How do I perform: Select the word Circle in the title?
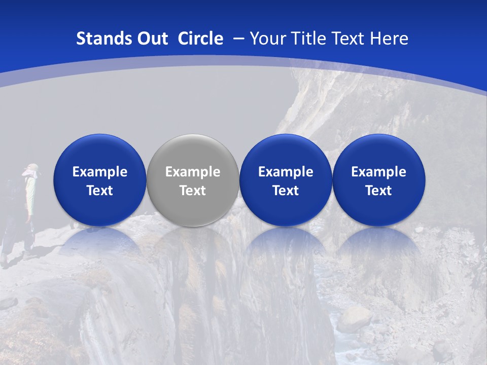pyautogui.click(x=200, y=39)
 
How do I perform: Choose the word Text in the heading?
pyautogui.click(x=347, y=39)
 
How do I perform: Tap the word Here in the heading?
pyautogui.click(x=389, y=39)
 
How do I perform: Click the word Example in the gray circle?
pyautogui.click(x=193, y=172)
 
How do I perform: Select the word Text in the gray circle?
pyautogui.click(x=193, y=191)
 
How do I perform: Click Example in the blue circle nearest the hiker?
pyautogui.click(x=100, y=172)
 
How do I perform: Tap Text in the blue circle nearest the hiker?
pyautogui.click(x=100, y=191)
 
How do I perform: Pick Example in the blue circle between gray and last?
pyautogui.click(x=286, y=172)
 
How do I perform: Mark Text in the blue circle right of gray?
pyautogui.click(x=286, y=191)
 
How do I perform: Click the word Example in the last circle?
pyautogui.click(x=378, y=172)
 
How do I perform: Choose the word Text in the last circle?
pyautogui.click(x=378, y=191)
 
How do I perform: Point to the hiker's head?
pyautogui.click(x=32, y=169)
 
